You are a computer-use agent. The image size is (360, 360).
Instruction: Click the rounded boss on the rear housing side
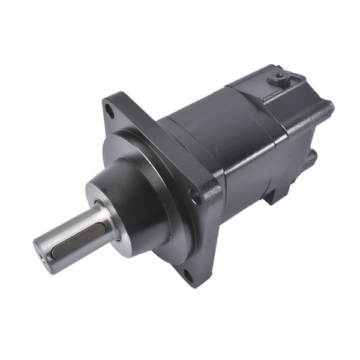(x=311, y=159)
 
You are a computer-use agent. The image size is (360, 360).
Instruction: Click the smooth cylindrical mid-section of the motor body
(x=204, y=132)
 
